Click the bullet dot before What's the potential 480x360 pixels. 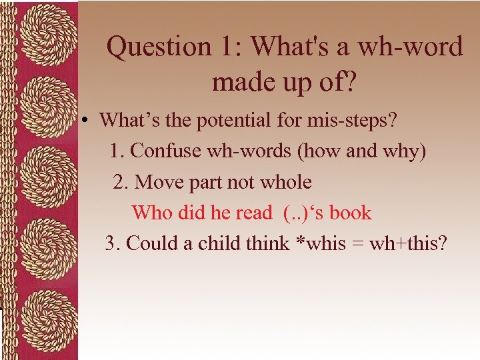pos(87,121)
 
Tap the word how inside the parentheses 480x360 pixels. pos(323,151)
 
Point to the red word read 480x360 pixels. pos(252,213)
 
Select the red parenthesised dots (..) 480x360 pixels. pos(294,213)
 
